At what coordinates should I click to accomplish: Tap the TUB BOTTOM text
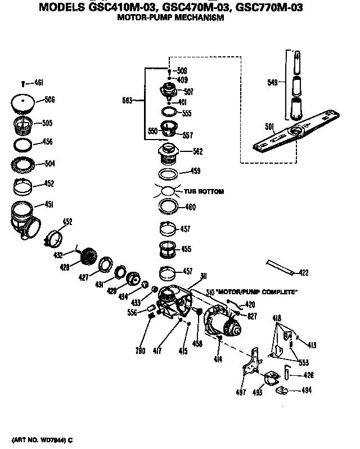pyautogui.click(x=204, y=192)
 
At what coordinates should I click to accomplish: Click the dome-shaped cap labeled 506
pyautogui.click(x=22, y=101)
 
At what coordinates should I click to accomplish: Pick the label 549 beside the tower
pyautogui.click(x=273, y=82)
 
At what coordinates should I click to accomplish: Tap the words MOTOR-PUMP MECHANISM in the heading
pyautogui.click(x=170, y=17)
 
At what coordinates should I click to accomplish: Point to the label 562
pyautogui.click(x=197, y=152)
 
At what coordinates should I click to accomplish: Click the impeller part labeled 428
pyautogui.click(x=88, y=257)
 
